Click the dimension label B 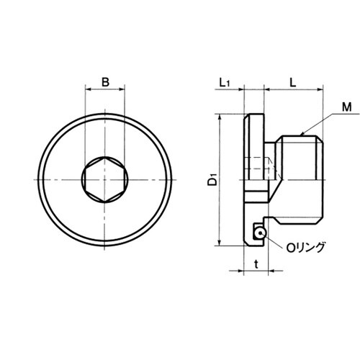105,82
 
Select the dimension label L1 225,83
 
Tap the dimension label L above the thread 293,83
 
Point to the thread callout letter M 346,107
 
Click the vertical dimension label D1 212,180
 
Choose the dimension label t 256,264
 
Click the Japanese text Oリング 305,248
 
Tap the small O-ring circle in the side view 260,233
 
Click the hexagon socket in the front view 105,180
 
